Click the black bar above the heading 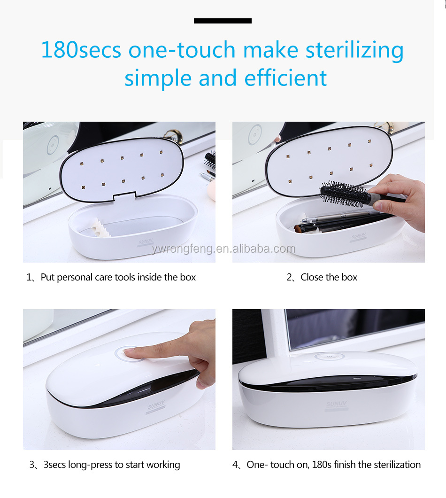click(223, 21)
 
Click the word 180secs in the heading click(81, 50)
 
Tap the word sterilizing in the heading click(354, 51)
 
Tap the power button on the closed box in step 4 click(329, 356)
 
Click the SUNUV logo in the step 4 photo click(337, 404)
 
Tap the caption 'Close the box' click(329, 277)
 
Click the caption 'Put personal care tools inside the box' click(118, 277)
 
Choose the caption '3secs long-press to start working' click(112, 465)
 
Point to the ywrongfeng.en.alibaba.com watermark click(223, 249)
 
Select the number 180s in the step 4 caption click(322, 464)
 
